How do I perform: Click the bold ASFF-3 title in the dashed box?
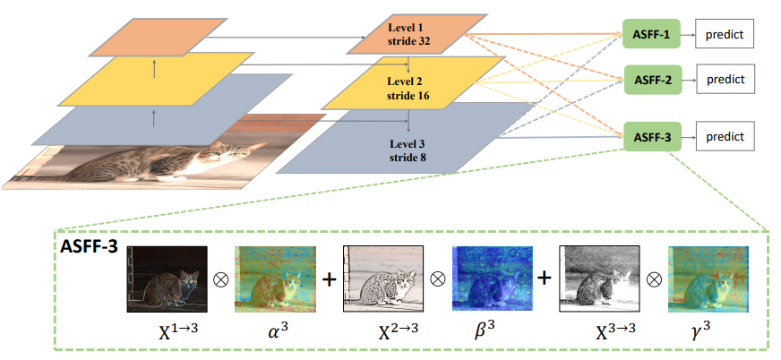[x=87, y=244]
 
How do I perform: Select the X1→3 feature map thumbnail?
[x=167, y=279]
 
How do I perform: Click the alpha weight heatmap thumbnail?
[x=274, y=279]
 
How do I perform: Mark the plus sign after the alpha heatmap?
[x=329, y=279]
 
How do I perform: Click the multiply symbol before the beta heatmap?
[x=438, y=279]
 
